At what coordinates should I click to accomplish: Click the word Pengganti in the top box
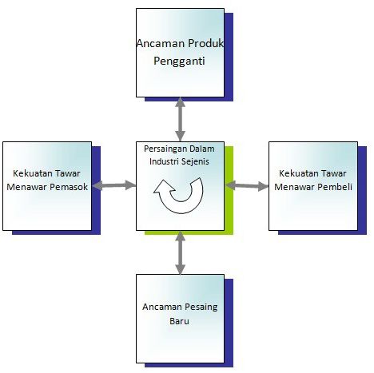click(x=179, y=62)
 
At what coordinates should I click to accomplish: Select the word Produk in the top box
click(x=205, y=43)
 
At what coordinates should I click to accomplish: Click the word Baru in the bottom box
click(x=179, y=321)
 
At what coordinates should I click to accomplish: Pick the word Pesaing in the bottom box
click(x=201, y=308)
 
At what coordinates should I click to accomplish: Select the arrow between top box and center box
click(x=180, y=119)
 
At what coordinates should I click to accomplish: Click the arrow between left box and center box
click(x=114, y=185)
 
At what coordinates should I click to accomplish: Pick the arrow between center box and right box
click(x=247, y=185)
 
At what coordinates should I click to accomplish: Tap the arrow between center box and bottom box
click(x=180, y=252)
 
